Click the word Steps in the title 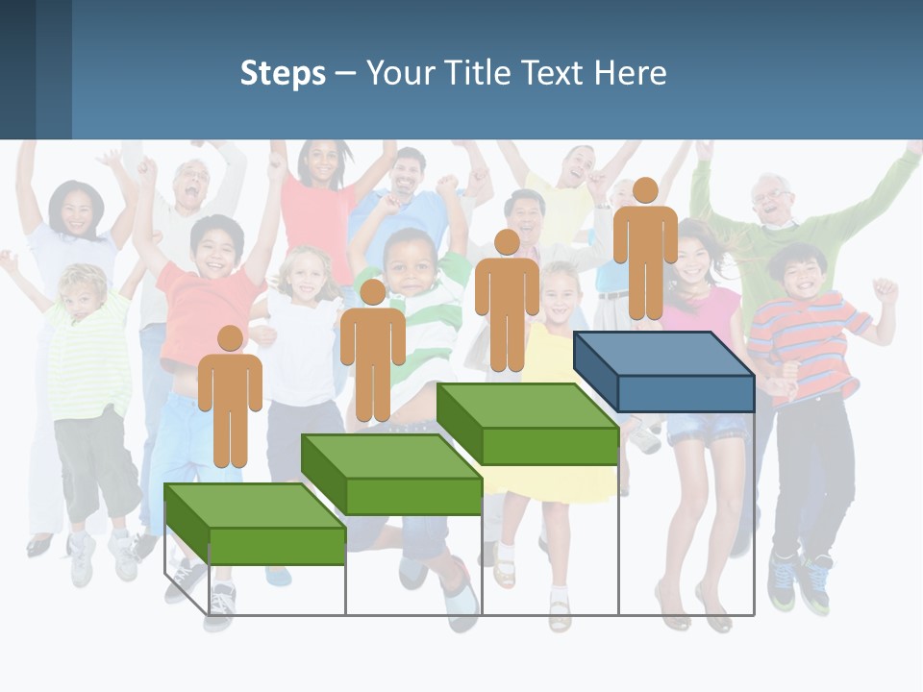pyautogui.click(x=283, y=73)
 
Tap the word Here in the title pyautogui.click(x=630, y=73)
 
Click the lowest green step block pyautogui.click(x=255, y=525)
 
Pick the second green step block pyautogui.click(x=391, y=475)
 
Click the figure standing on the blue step pyautogui.click(x=645, y=255)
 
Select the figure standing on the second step pyautogui.click(x=372, y=356)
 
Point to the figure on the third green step pyautogui.click(x=507, y=306)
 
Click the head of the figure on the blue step pyautogui.click(x=645, y=190)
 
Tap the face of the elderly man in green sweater pyautogui.click(x=772, y=200)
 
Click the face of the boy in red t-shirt pyautogui.click(x=214, y=248)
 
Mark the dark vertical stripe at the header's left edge pyautogui.click(x=17, y=69)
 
